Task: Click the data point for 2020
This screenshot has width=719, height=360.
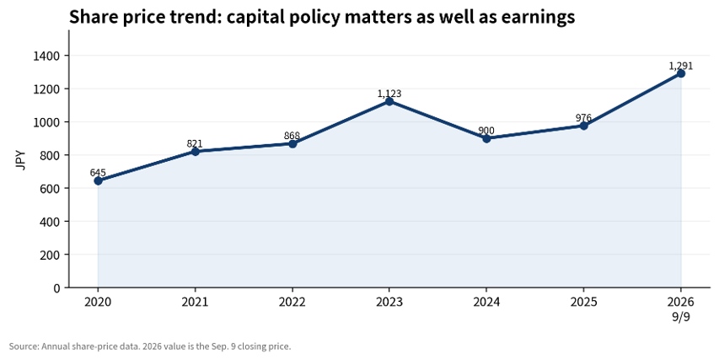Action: tap(98, 180)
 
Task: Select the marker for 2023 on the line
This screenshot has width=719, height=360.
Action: tap(389, 101)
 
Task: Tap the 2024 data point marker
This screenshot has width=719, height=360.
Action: tap(486, 138)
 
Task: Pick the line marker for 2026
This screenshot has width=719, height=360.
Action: tap(681, 73)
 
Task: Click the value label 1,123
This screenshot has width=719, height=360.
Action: tap(389, 94)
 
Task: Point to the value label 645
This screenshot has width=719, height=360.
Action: tap(98, 173)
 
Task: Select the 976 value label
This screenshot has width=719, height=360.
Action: tap(584, 118)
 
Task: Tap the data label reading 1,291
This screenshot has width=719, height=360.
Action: tap(681, 66)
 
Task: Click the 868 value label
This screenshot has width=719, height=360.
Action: tap(292, 136)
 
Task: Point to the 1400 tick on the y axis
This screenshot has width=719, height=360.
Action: tap(47, 56)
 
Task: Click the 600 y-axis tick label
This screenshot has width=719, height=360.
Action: tap(51, 189)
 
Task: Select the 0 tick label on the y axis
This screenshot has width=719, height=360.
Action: tap(56, 288)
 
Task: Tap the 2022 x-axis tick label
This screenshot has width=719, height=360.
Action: tap(292, 302)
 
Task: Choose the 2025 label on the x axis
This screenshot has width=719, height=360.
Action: tap(584, 302)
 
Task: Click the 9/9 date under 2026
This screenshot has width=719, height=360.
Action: tap(681, 317)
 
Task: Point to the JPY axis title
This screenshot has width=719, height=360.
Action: tap(21, 160)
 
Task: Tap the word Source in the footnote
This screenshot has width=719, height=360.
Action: tap(24, 347)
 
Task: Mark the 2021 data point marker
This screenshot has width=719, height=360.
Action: tap(195, 152)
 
